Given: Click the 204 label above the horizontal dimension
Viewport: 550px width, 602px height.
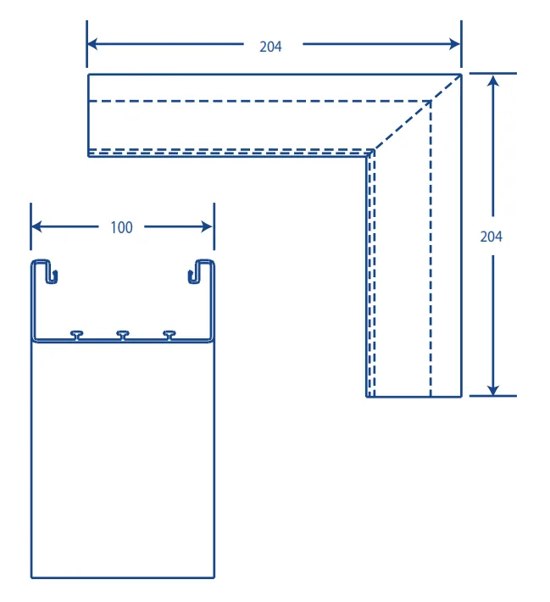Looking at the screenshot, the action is pyautogui.click(x=270, y=47).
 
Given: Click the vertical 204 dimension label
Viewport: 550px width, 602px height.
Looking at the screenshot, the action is pyautogui.click(x=491, y=237).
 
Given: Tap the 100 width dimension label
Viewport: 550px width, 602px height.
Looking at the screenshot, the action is pyautogui.click(x=122, y=227).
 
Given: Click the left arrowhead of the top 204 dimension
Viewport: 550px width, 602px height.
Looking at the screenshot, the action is pyautogui.click(x=93, y=44).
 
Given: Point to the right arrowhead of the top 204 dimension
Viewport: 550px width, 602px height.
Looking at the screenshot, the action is pyautogui.click(x=455, y=44).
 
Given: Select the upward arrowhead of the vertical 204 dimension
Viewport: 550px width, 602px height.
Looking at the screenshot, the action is pyautogui.click(x=493, y=80).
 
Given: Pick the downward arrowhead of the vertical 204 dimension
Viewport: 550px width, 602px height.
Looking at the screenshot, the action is pyautogui.click(x=493, y=389).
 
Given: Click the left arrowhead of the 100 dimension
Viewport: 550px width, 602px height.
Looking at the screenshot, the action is pyautogui.click(x=36, y=226).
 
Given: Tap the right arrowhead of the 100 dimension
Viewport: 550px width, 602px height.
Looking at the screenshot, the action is pyautogui.click(x=207, y=226).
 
